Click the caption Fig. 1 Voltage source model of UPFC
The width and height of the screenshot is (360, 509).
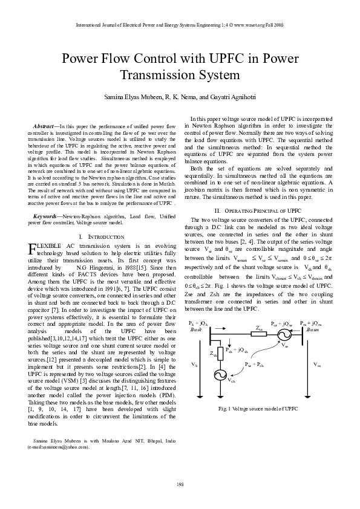tap(258, 409)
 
